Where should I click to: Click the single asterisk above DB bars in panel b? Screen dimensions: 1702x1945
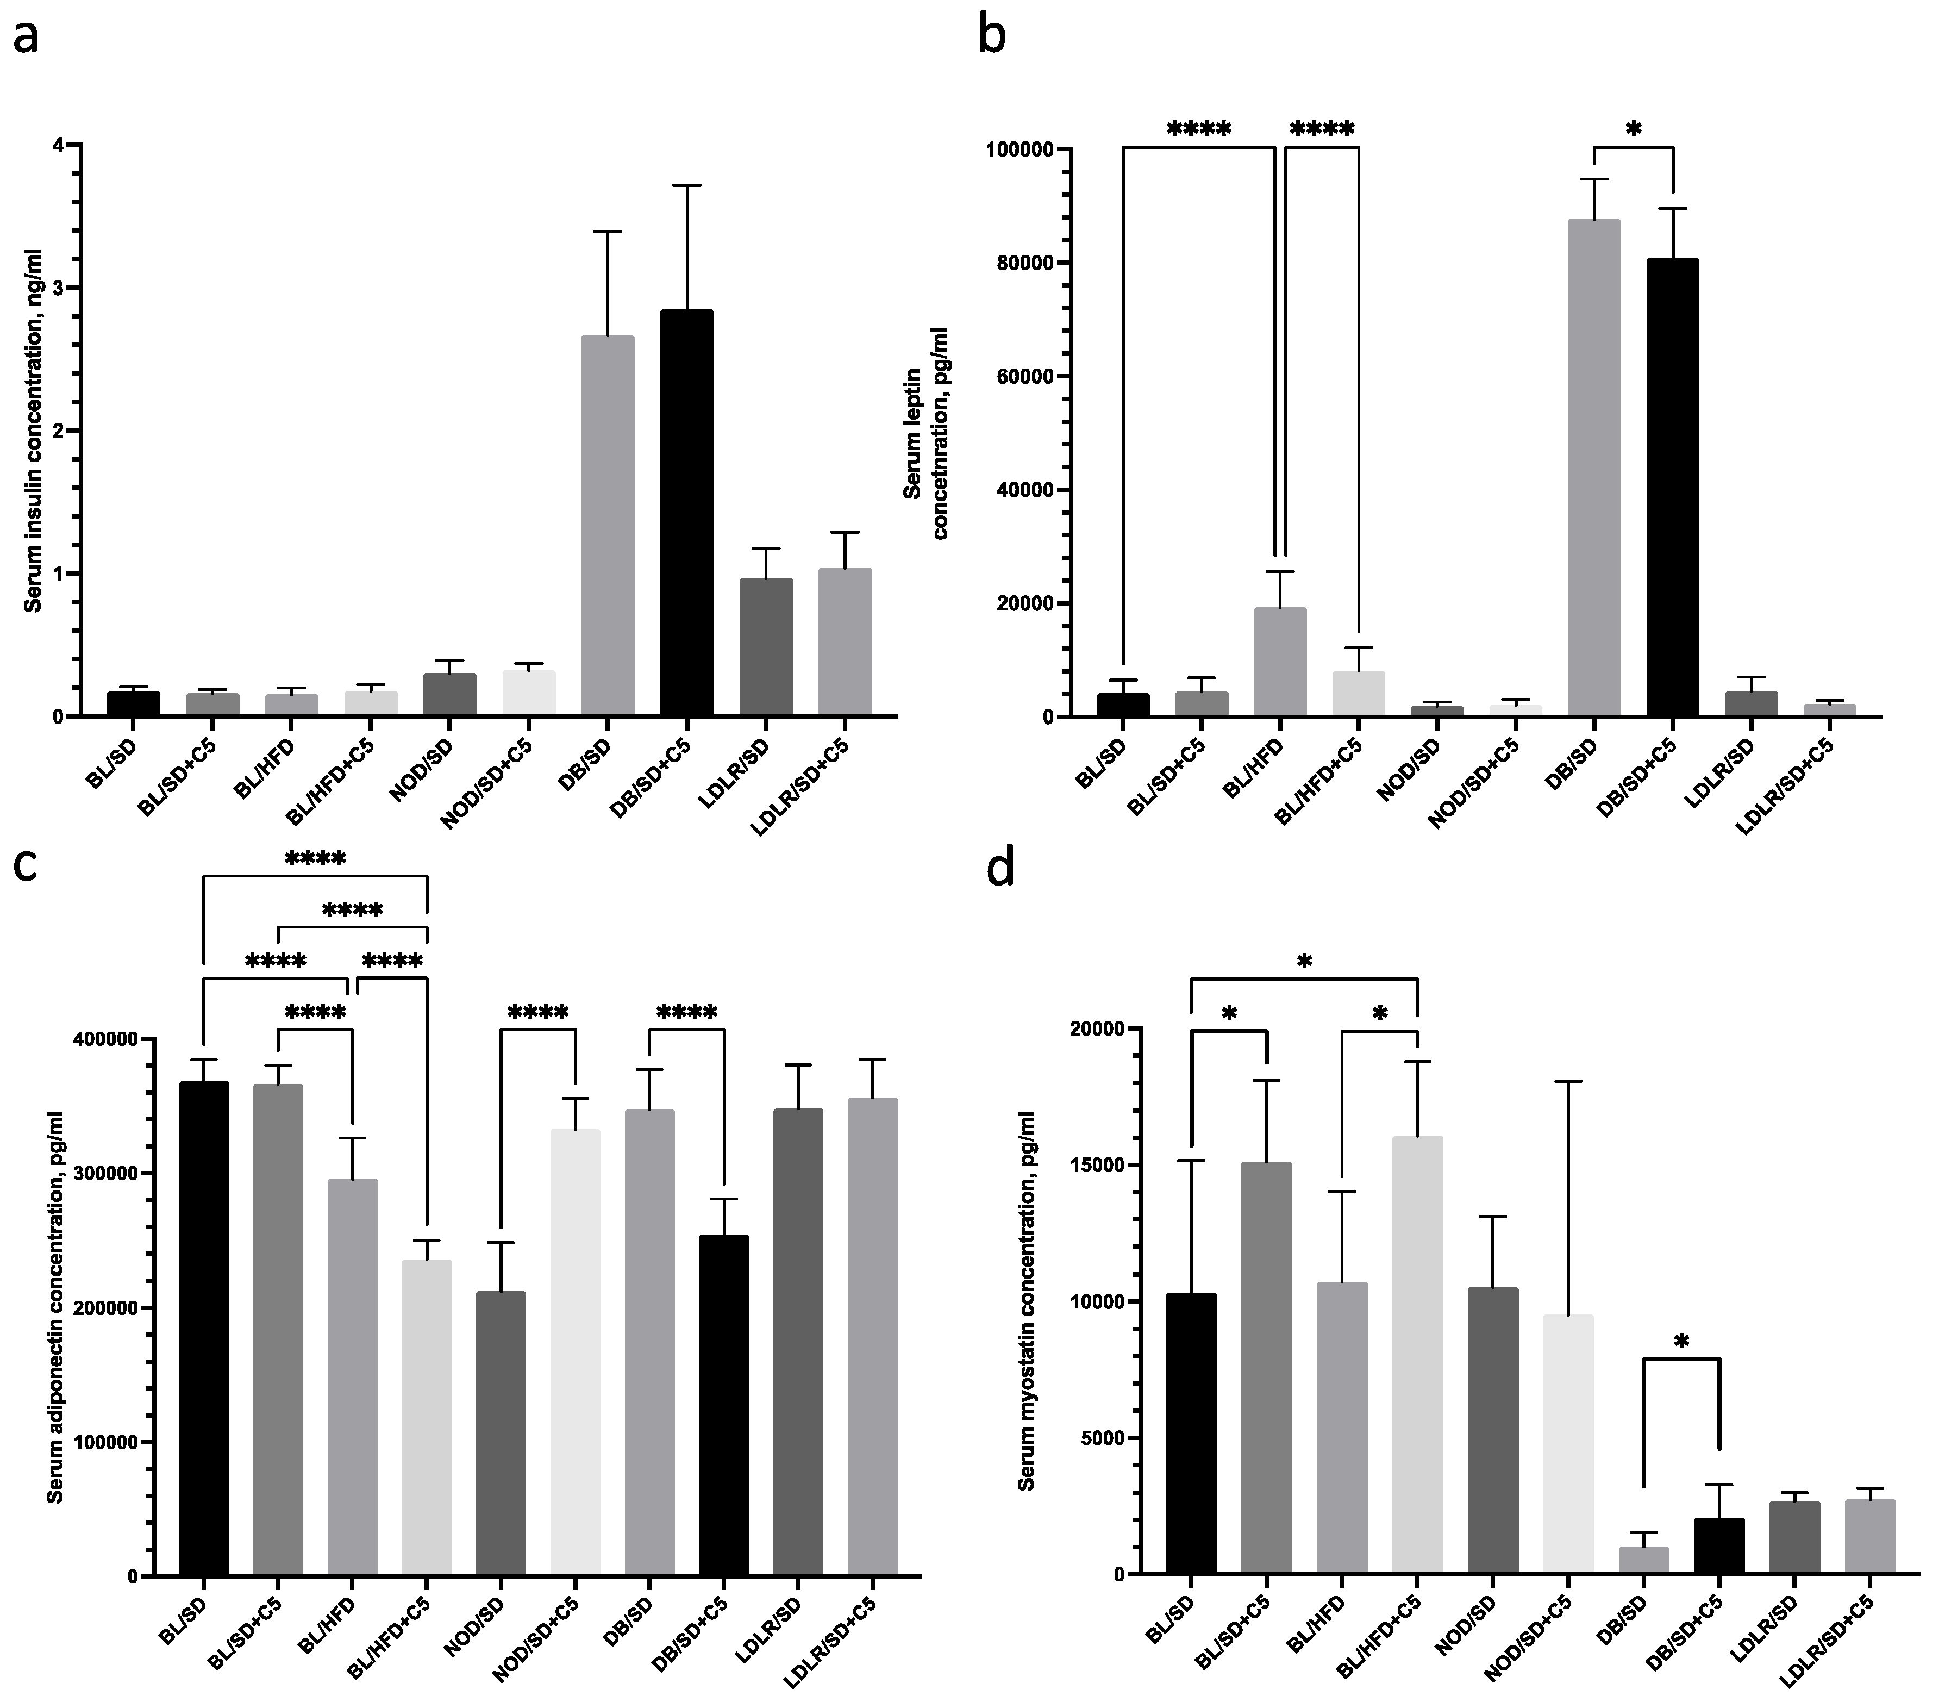(1633, 130)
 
